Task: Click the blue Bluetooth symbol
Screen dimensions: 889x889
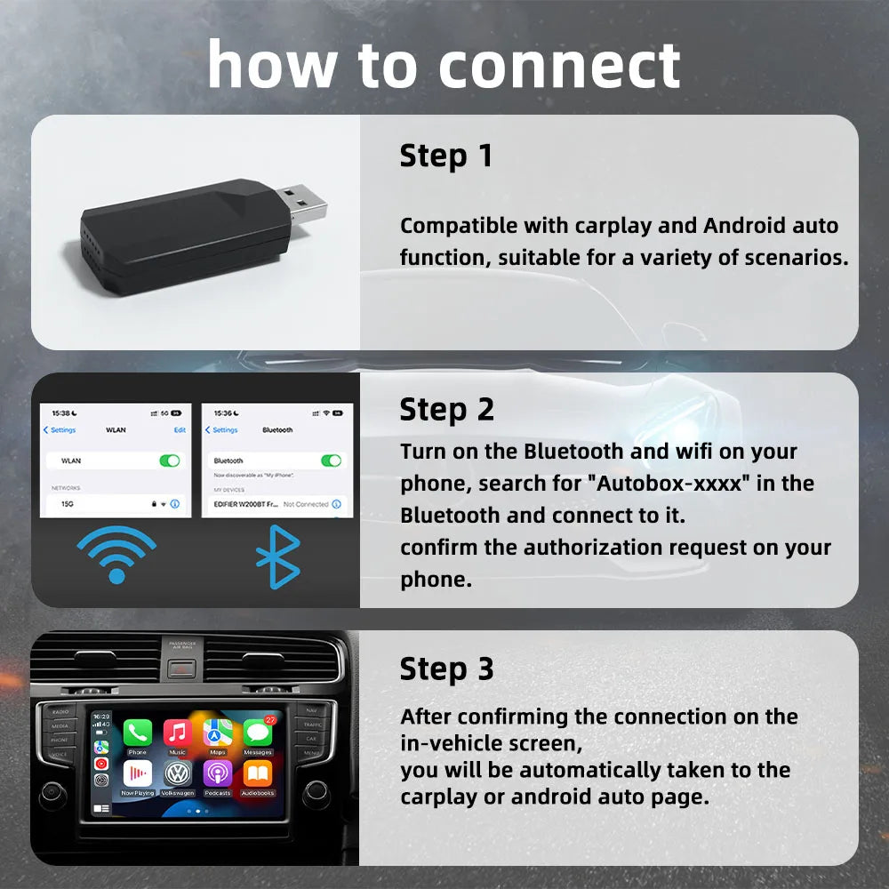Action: (x=277, y=557)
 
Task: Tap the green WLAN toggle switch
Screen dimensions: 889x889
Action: (x=169, y=461)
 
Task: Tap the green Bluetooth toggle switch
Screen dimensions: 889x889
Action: (x=331, y=461)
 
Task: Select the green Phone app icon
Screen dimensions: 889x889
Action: (x=138, y=733)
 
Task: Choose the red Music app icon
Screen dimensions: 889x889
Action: (x=178, y=733)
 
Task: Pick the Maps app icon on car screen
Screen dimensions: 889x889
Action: (x=218, y=733)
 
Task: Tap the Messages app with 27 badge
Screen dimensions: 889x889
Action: (x=258, y=733)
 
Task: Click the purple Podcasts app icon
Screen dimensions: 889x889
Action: (x=218, y=773)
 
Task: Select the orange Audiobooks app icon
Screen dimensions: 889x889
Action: (x=258, y=773)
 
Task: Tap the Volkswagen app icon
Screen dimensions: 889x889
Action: (x=178, y=773)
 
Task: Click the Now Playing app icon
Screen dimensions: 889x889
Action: (x=138, y=773)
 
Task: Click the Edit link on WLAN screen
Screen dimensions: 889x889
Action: (x=180, y=429)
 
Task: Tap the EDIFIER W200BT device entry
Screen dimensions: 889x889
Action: (x=244, y=504)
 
